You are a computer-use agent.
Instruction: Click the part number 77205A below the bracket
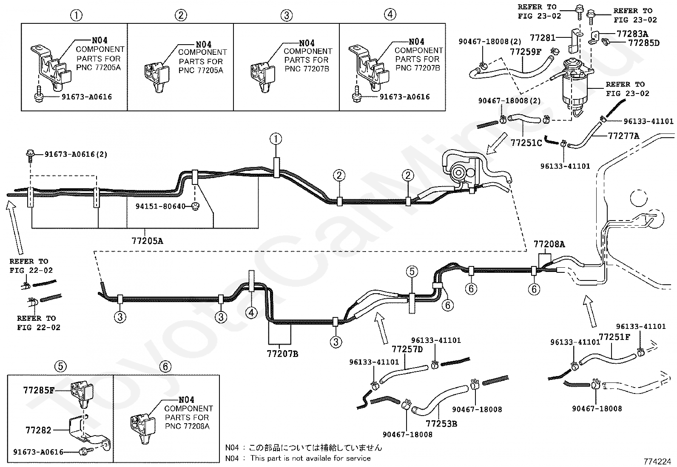147,241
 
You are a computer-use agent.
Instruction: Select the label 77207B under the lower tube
282,353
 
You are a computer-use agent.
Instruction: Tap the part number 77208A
549,244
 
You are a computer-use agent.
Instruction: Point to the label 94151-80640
160,207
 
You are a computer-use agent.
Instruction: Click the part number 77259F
526,52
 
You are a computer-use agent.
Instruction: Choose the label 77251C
526,143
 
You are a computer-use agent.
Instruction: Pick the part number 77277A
624,136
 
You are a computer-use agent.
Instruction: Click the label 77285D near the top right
643,43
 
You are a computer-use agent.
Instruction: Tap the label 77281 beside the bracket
543,38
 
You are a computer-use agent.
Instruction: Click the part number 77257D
407,349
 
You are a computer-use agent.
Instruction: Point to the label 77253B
441,424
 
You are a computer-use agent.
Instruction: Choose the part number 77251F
614,337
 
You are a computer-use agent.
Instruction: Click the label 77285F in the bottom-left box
39,389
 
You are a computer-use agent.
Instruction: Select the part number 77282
39,430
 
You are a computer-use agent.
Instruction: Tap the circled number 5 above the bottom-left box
60,365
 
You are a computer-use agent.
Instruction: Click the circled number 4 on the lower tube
251,313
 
